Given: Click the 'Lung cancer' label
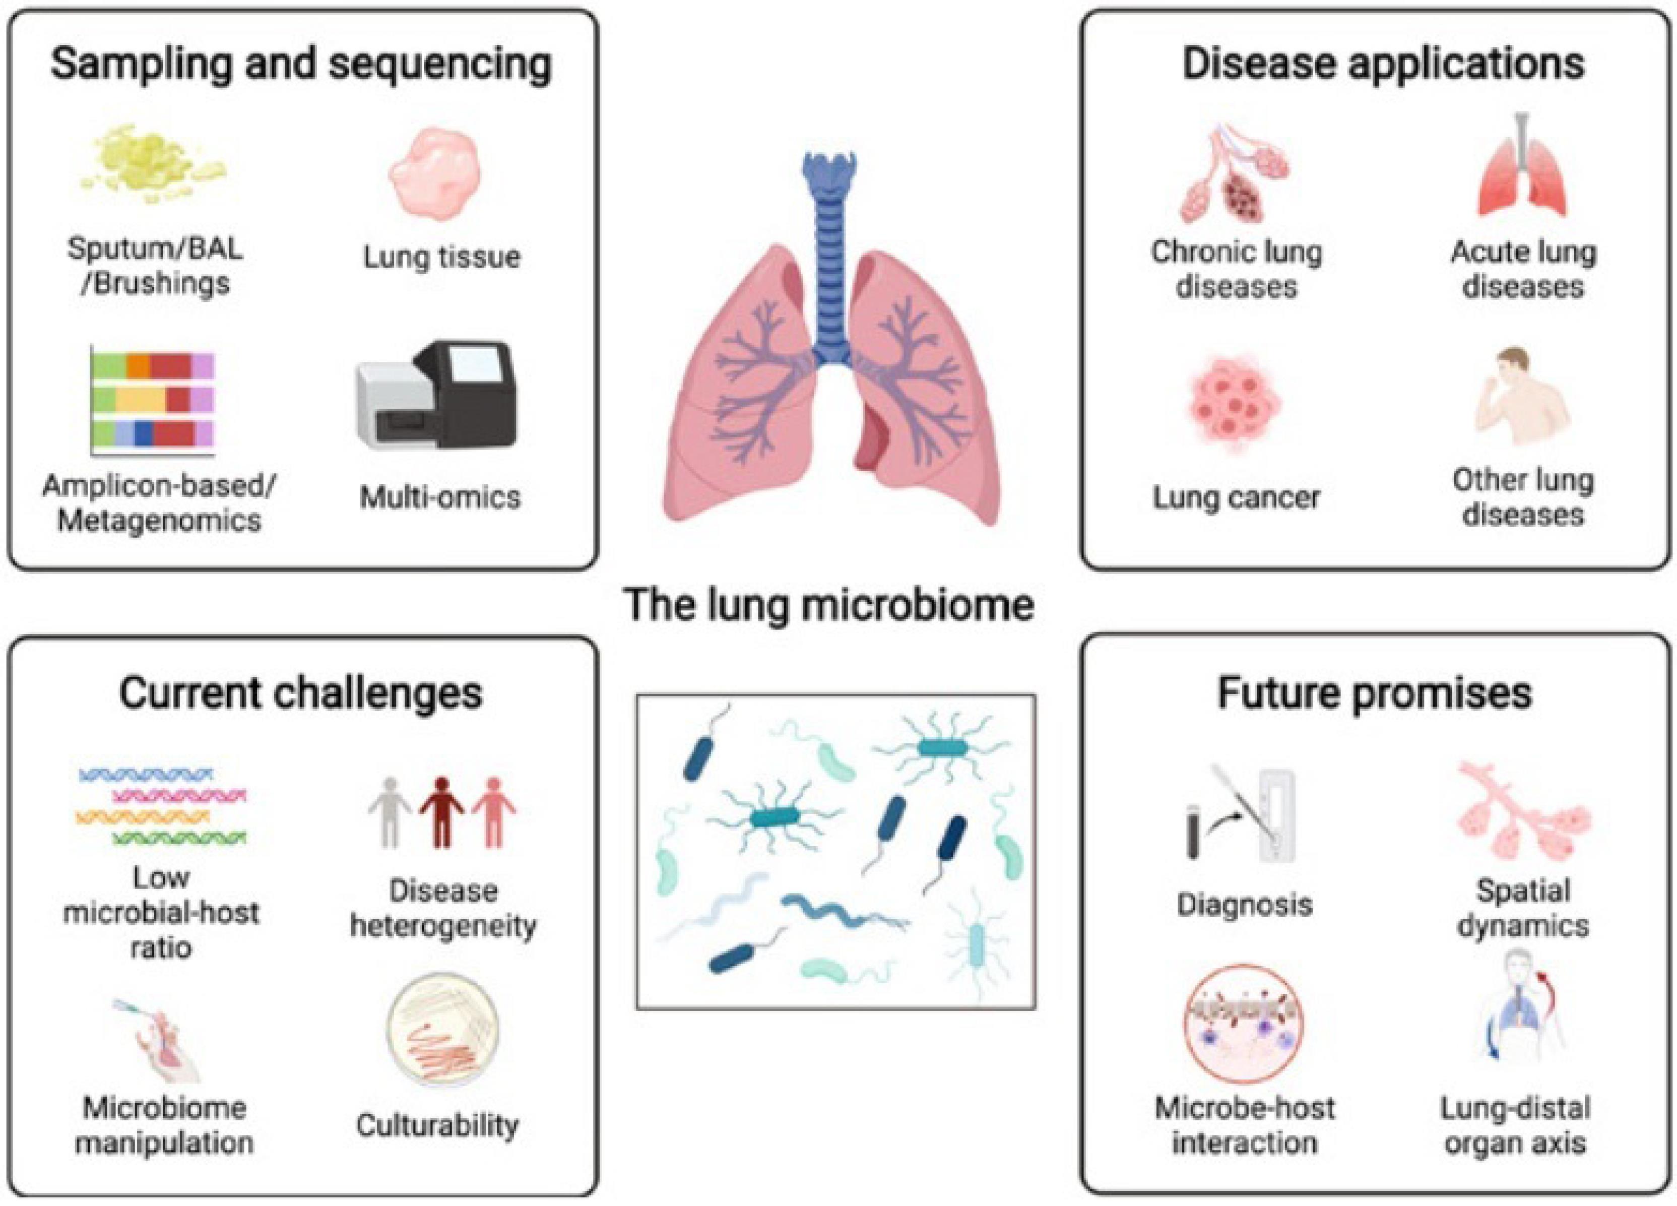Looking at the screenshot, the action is [1236, 497].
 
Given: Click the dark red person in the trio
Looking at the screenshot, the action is [442, 811].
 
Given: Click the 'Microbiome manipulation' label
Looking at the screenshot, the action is [164, 1125].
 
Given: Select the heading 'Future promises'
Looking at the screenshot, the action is [1375, 693].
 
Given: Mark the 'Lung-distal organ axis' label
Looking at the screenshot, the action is [1516, 1125].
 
